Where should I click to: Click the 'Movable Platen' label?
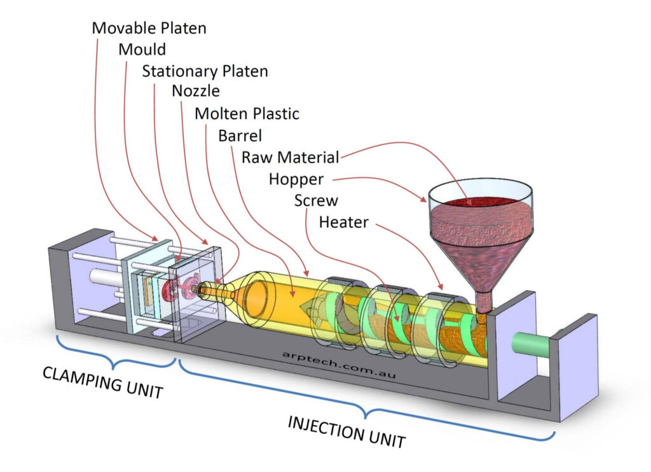[149, 28]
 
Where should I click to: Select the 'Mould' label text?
[142, 50]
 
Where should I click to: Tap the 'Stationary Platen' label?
[205, 71]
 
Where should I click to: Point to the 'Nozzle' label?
[196, 92]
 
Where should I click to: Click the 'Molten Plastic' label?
[247, 114]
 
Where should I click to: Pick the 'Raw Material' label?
[290, 157]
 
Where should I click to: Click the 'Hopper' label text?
[296, 179]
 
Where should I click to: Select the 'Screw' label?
[316, 201]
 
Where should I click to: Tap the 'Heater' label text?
[343, 223]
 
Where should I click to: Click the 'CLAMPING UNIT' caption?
[102, 382]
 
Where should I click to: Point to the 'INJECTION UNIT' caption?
[346, 431]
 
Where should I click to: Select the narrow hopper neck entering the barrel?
[484, 298]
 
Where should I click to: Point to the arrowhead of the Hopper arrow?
[425, 200]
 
